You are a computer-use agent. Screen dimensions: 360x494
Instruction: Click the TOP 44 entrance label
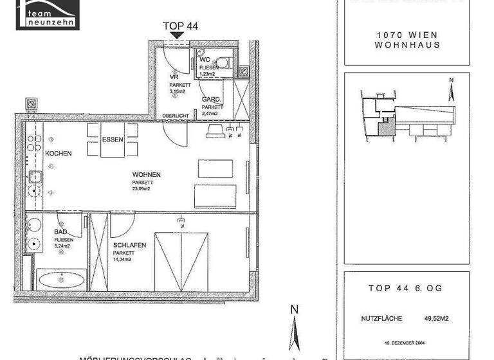click(x=180, y=26)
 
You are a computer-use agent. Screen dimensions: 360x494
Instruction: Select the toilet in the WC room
click(x=223, y=63)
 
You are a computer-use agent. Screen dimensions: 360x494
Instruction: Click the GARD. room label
click(x=212, y=100)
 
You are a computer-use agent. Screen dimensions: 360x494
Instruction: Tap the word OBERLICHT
click(x=176, y=116)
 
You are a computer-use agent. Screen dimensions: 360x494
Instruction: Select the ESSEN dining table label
click(x=113, y=139)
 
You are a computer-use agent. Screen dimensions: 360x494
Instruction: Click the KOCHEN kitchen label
click(x=58, y=154)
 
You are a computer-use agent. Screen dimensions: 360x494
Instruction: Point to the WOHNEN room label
click(x=146, y=175)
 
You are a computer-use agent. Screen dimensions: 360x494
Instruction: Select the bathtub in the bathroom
click(x=61, y=281)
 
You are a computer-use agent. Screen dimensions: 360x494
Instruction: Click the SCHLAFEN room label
click(x=130, y=246)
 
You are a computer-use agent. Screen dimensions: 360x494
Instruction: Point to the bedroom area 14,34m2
click(x=122, y=260)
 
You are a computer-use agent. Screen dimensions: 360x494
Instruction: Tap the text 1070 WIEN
click(x=407, y=35)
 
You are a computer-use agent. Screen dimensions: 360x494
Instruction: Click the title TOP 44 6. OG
click(x=405, y=289)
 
